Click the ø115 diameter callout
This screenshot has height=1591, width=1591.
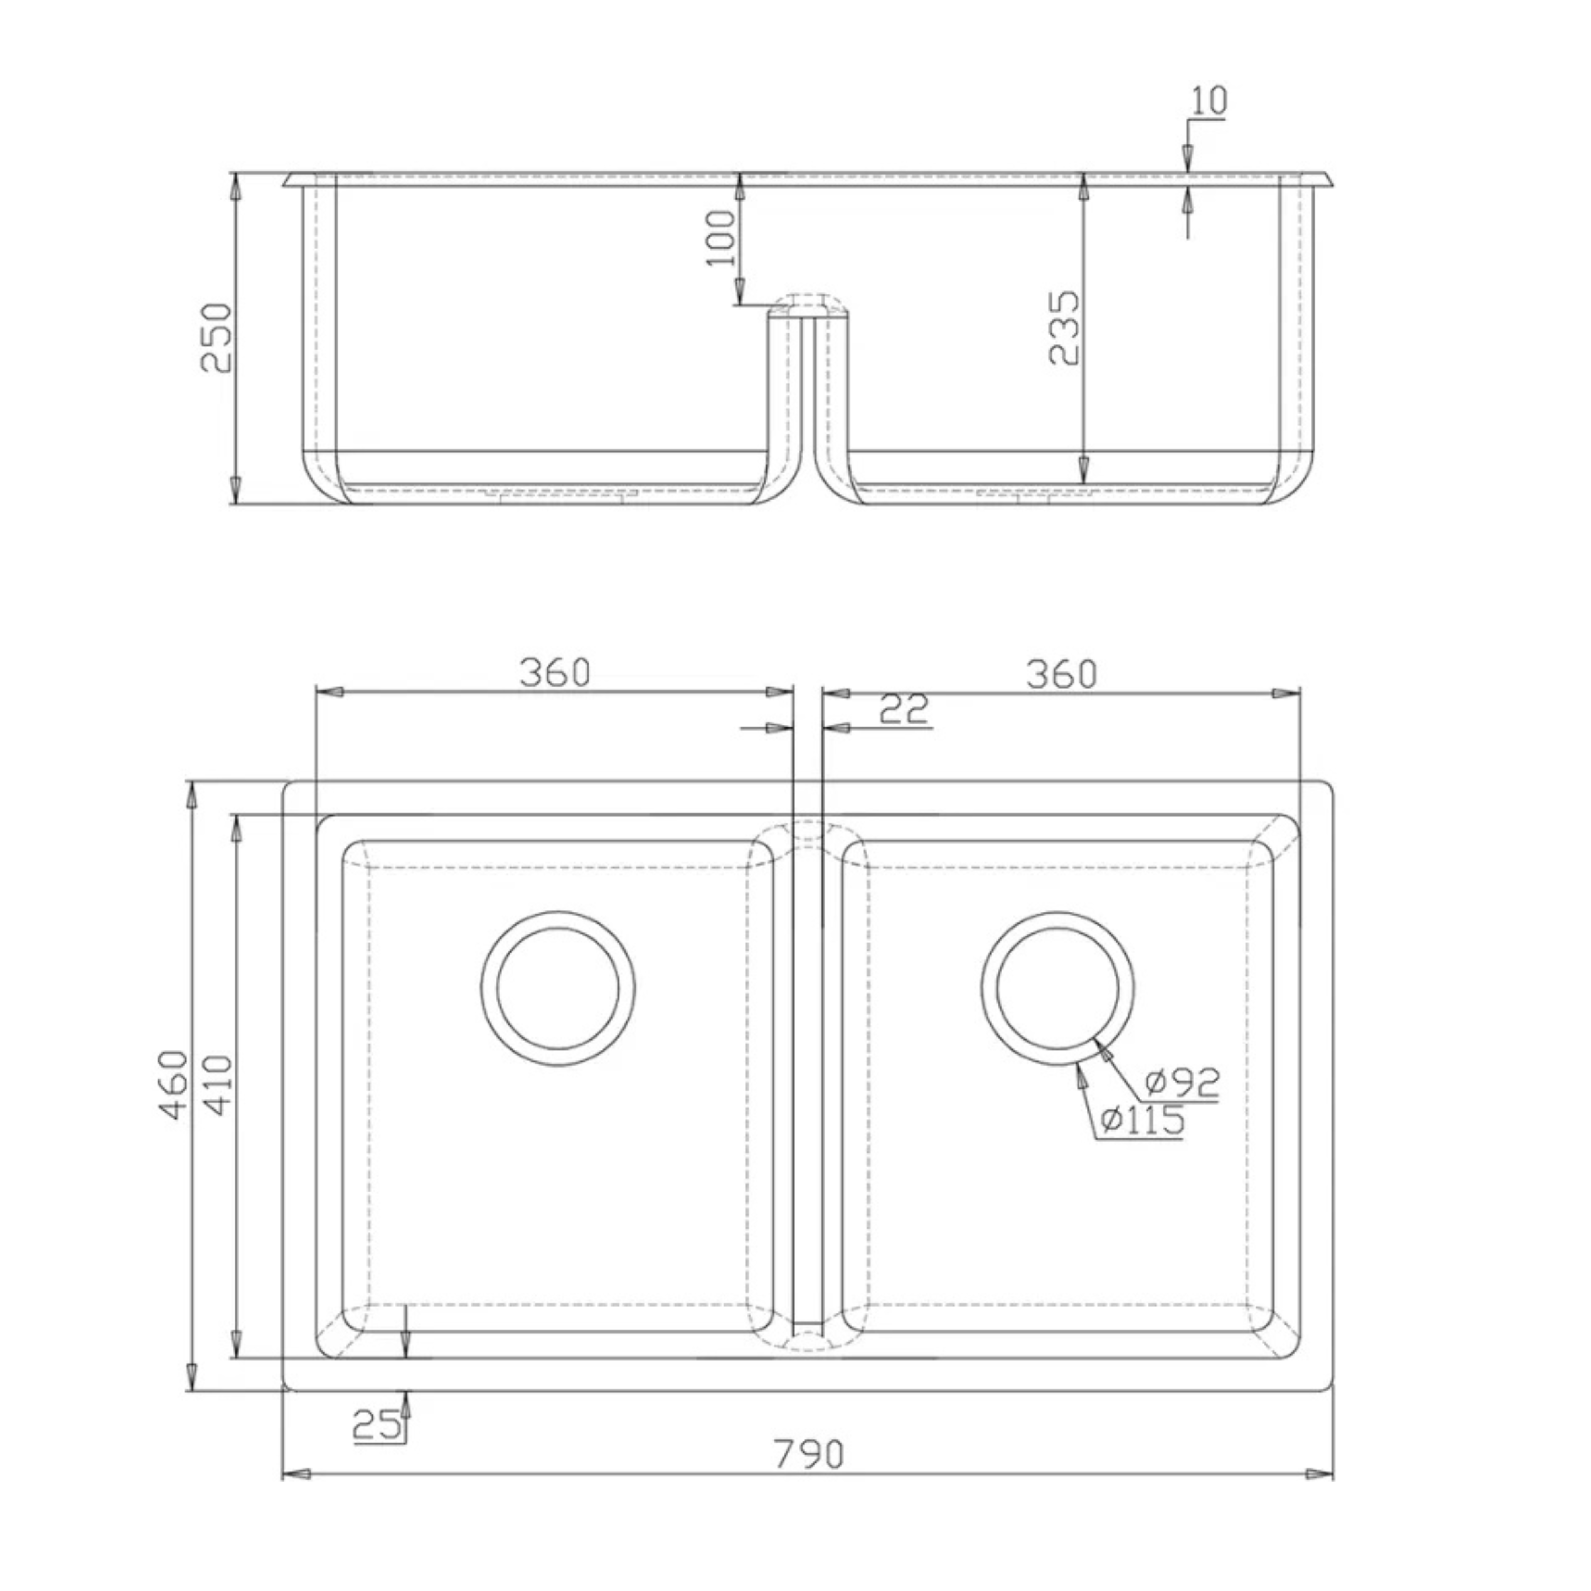[x=1143, y=1120]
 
